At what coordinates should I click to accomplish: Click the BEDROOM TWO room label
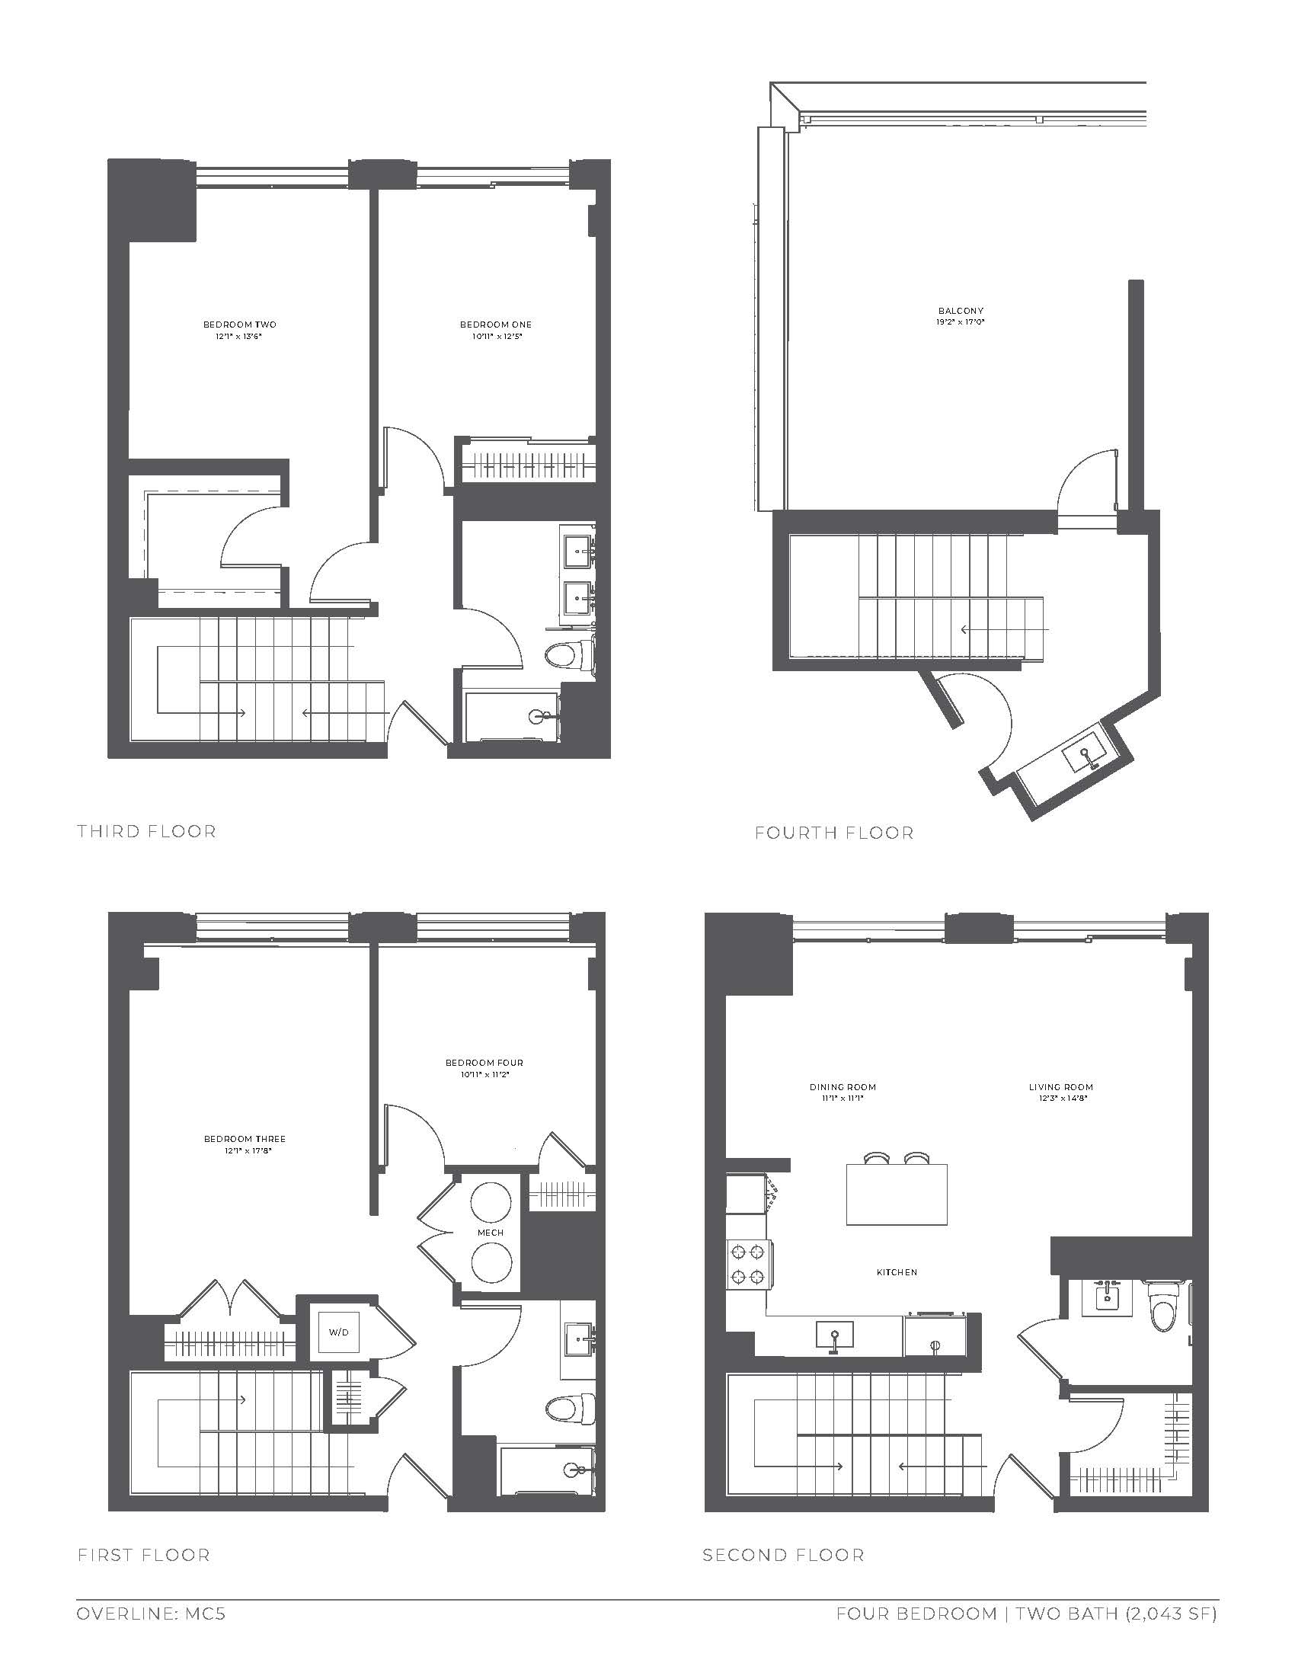click(x=239, y=325)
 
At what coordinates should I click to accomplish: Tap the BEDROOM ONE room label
click(x=496, y=325)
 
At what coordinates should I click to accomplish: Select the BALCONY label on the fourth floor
click(x=961, y=311)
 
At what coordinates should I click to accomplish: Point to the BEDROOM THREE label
click(x=245, y=1139)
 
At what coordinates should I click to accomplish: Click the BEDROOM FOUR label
click(x=484, y=1063)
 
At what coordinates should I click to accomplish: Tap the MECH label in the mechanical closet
click(x=491, y=1232)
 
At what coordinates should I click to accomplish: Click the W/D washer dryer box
click(x=339, y=1332)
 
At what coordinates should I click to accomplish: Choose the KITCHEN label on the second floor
click(x=897, y=1272)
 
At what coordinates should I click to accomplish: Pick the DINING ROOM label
click(x=843, y=1086)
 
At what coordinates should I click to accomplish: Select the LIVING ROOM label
click(x=1061, y=1086)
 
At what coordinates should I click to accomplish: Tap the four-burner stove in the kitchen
click(x=748, y=1264)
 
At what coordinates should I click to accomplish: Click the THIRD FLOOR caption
click(x=146, y=831)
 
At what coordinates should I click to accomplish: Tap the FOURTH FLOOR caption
click(x=834, y=833)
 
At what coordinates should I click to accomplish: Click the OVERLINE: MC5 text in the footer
click(x=151, y=1614)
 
